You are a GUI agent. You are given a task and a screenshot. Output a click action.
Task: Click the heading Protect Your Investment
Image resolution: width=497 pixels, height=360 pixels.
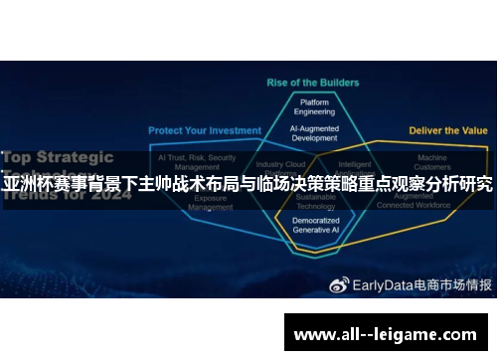[205, 130]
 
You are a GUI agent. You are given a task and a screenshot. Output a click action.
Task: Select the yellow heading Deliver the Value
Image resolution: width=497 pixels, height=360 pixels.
[447, 130]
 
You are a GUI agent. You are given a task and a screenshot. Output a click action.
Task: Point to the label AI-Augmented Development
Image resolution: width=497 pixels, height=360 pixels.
[315, 133]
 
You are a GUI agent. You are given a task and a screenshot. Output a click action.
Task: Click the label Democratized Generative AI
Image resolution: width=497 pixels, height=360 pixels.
[315, 225]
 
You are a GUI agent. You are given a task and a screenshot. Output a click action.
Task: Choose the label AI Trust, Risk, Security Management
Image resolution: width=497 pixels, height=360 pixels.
[196, 161]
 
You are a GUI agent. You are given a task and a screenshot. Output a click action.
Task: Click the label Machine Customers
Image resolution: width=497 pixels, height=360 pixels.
[432, 161]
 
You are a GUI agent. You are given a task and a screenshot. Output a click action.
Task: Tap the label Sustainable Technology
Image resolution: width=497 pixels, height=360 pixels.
[315, 203]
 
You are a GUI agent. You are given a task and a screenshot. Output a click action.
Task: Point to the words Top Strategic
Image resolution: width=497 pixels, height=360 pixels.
[62, 156]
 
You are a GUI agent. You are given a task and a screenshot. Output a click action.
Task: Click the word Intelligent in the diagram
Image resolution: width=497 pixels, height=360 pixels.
[355, 164]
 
